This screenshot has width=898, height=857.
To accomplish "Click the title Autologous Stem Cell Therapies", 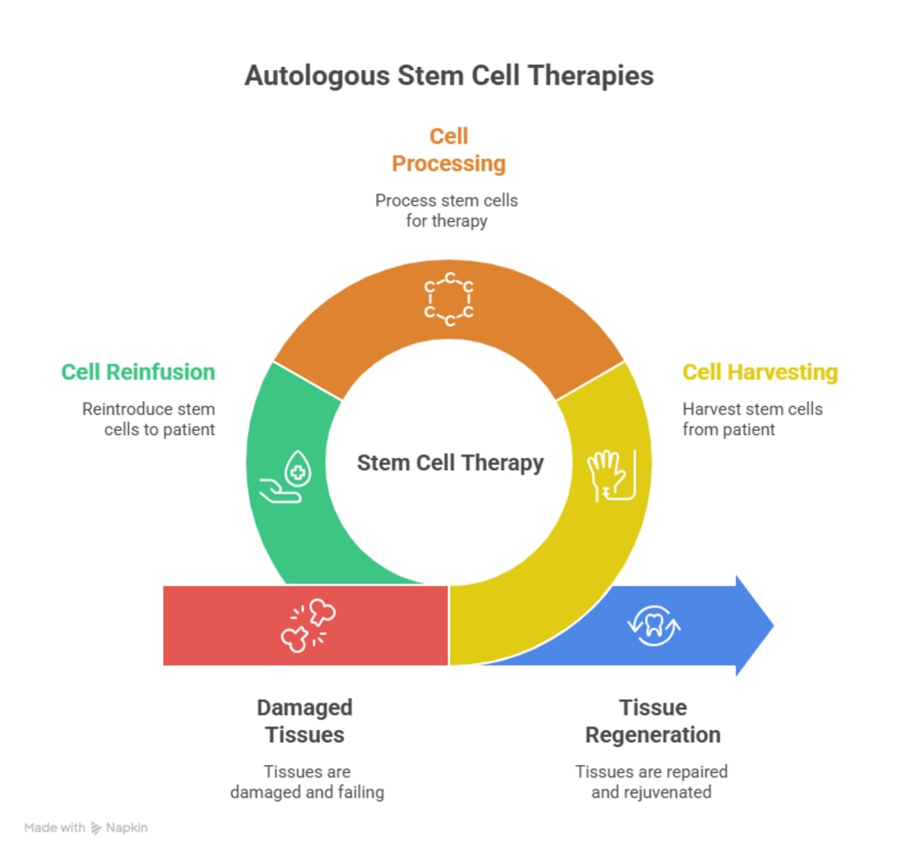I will coord(449,75).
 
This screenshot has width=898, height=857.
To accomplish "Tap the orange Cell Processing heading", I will coord(448,150).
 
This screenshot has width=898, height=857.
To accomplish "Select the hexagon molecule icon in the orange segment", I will coord(449,299).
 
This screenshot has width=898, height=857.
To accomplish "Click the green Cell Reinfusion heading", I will coord(138,372).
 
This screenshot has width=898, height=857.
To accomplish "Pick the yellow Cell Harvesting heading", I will coord(759,372).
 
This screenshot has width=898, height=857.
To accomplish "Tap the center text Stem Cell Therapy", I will coord(450,462).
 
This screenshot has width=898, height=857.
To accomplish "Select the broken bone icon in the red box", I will coord(308,625).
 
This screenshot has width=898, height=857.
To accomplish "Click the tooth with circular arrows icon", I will coord(654,625).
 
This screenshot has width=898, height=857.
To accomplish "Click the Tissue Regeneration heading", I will coord(652,720).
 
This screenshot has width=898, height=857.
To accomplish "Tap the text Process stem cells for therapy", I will coord(446,211).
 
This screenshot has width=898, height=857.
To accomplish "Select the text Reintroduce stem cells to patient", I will coord(149,419).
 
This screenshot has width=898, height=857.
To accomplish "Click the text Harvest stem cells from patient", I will coord(752,419).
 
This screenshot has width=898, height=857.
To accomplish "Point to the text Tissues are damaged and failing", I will coord(307,782).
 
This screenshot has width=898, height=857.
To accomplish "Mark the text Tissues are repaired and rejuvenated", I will coord(652,782).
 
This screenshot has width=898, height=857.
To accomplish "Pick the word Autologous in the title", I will coord(317,75).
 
